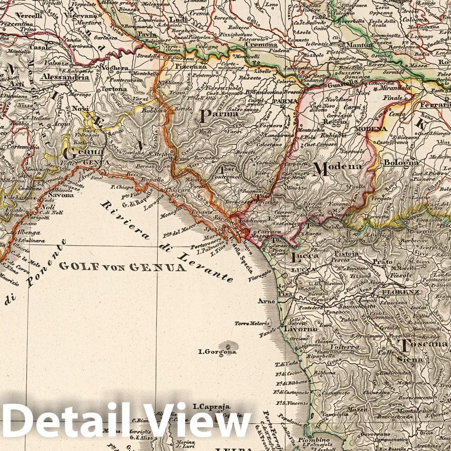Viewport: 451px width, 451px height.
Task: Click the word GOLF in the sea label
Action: (74, 266)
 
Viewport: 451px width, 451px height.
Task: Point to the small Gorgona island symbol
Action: (229, 346)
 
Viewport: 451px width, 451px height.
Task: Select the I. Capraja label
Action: (211, 407)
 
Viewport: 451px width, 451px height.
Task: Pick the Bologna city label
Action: (401, 163)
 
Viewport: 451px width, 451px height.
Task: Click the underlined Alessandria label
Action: (64, 77)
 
